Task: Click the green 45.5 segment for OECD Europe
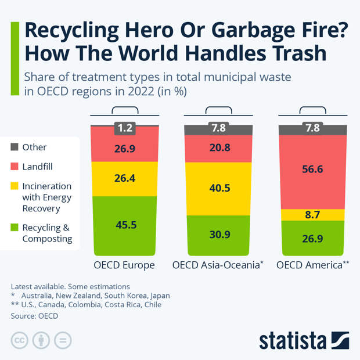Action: (x=125, y=225)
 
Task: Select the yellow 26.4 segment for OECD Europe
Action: (x=125, y=179)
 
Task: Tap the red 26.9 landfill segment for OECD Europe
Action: (x=125, y=149)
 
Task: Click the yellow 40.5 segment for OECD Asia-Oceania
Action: (x=218, y=188)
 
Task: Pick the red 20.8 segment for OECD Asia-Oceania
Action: (x=218, y=148)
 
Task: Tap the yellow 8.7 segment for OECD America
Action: (x=312, y=215)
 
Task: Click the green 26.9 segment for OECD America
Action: (x=312, y=237)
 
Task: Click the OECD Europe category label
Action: (x=124, y=265)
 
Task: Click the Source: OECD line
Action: (x=34, y=316)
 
